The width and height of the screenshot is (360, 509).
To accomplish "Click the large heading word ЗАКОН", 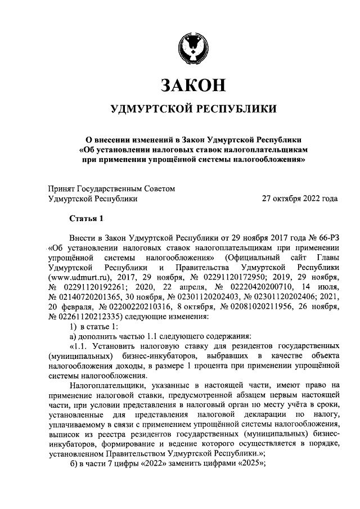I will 193,84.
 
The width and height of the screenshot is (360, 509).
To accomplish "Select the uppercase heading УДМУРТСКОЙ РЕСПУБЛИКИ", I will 193,109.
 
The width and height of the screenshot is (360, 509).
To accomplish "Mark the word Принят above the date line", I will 62,188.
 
